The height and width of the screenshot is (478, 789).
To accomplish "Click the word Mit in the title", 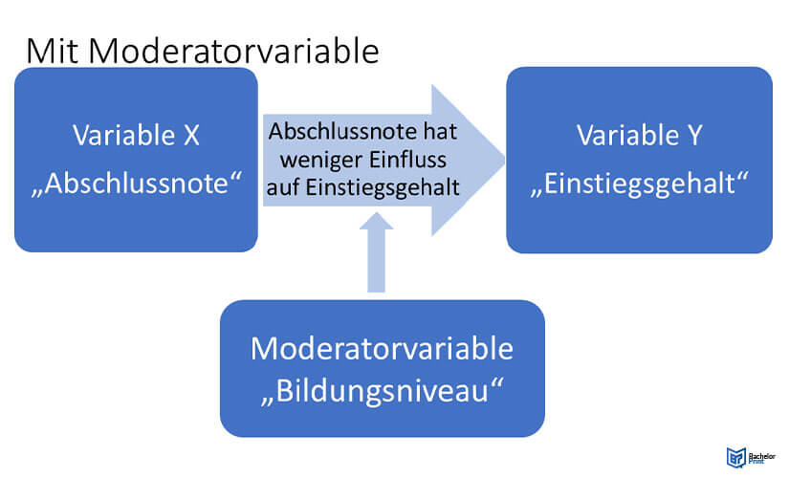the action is coord(53,51).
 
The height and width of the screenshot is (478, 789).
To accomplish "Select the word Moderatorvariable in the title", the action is coord(233,51).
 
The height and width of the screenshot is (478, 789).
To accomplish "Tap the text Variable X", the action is coord(136,136).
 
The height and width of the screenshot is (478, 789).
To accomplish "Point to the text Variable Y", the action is coord(639,136).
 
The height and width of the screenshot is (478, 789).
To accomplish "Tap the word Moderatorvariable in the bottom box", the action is coord(382,348).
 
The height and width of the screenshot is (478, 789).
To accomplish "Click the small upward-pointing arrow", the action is coord(377,252).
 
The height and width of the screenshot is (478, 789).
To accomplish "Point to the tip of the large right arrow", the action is coord(505,160).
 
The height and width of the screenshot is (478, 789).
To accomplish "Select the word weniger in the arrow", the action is coord(320,161).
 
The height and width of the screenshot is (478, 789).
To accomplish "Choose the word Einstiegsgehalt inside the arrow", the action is coord(383,187).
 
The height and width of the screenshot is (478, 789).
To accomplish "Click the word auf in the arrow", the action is coord(283,187).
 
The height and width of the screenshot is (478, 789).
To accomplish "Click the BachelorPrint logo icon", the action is coord(735,457).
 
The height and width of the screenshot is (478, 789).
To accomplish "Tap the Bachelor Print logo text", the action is coord(762,458).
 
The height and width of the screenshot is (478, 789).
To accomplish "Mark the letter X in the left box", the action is coord(191,136).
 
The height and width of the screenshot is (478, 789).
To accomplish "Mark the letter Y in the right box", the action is coord(694,136).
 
